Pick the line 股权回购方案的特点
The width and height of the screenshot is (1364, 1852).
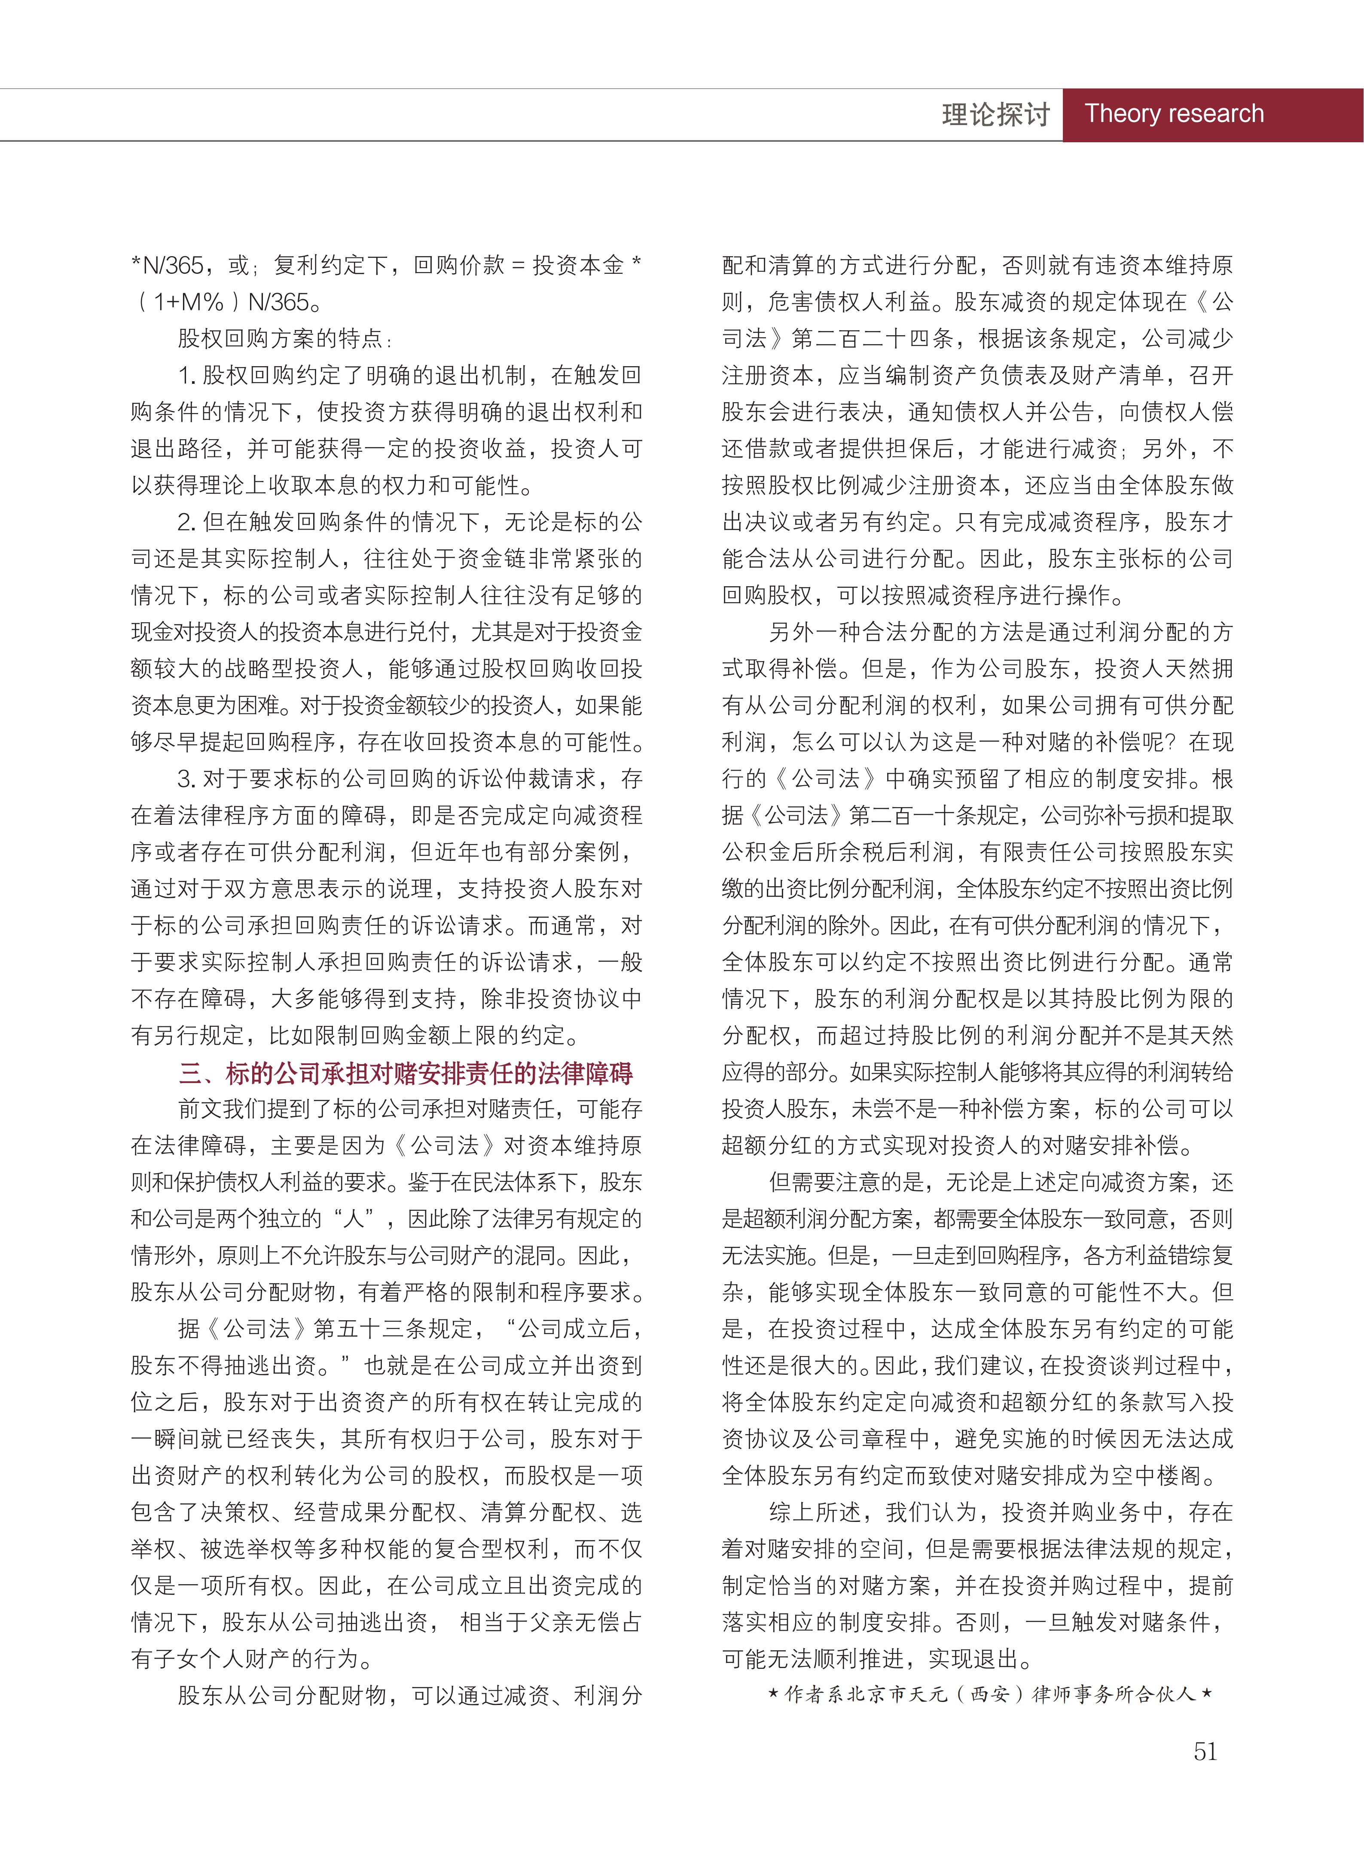(x=285, y=339)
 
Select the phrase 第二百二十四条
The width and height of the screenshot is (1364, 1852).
(x=873, y=339)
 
